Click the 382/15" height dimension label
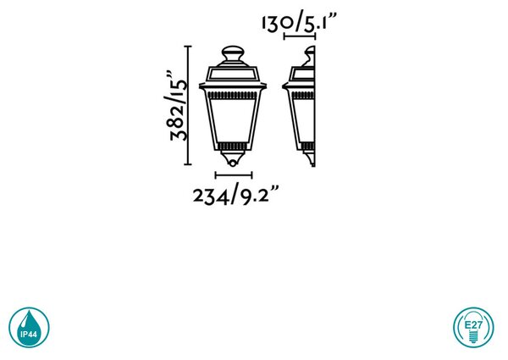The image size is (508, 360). [178, 106]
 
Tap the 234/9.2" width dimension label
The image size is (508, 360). [236, 194]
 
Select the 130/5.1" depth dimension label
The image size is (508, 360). [300, 22]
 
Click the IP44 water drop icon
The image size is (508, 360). [29, 327]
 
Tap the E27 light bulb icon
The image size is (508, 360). [473, 327]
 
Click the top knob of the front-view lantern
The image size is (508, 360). [233, 53]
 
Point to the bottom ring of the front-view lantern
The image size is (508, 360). [233, 163]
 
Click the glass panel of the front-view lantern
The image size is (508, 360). [233, 120]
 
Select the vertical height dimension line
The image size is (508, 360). [188, 106]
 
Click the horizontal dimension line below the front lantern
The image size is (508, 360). [234, 175]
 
